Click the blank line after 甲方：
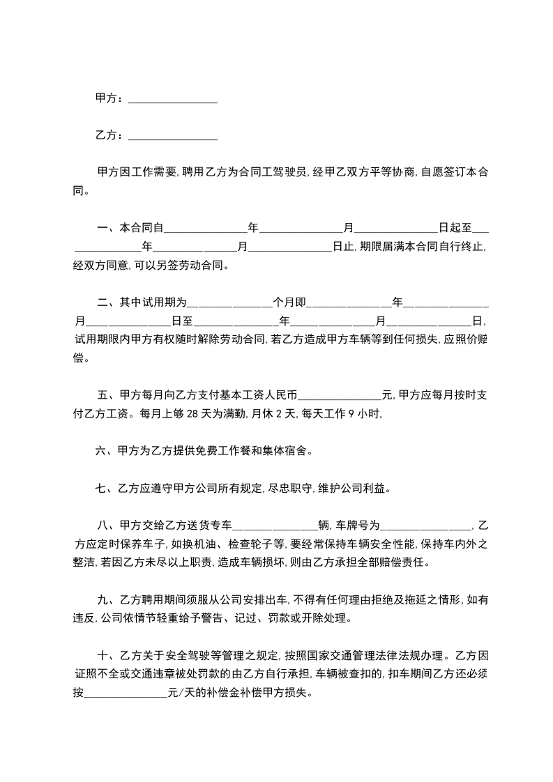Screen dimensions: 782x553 tap(173, 100)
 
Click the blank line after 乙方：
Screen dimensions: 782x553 tap(173, 135)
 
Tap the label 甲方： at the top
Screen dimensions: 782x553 tap(110, 99)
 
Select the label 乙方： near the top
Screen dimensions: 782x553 tap(110, 135)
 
